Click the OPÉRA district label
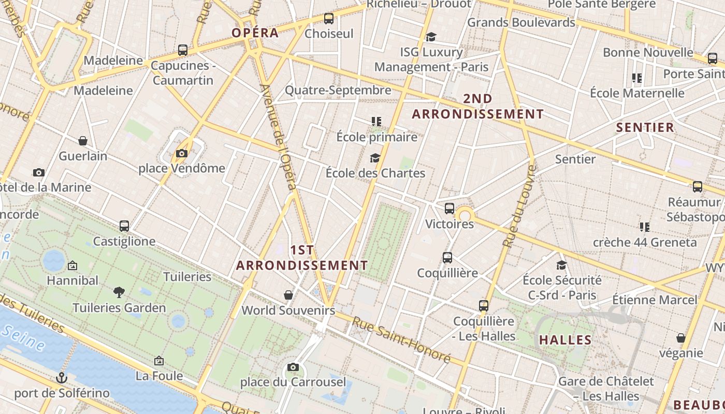click(x=255, y=33)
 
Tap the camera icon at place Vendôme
click(x=181, y=153)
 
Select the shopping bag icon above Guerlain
click(x=82, y=141)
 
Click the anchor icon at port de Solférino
click(x=62, y=378)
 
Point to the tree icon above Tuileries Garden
click(x=119, y=292)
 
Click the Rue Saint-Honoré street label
click(x=401, y=339)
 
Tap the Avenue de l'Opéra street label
click(x=280, y=140)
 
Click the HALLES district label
click(x=565, y=340)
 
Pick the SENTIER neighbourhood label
click(x=645, y=127)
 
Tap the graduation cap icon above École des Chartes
click(x=375, y=158)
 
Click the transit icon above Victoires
click(x=449, y=209)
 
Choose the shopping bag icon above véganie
click(x=681, y=338)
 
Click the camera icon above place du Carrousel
click(x=293, y=367)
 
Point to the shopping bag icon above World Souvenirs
click(x=288, y=295)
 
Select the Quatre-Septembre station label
click(x=338, y=90)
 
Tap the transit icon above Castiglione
click(x=124, y=226)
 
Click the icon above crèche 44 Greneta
click(x=644, y=227)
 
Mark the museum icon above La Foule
click(x=159, y=361)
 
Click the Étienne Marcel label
click(x=655, y=300)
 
